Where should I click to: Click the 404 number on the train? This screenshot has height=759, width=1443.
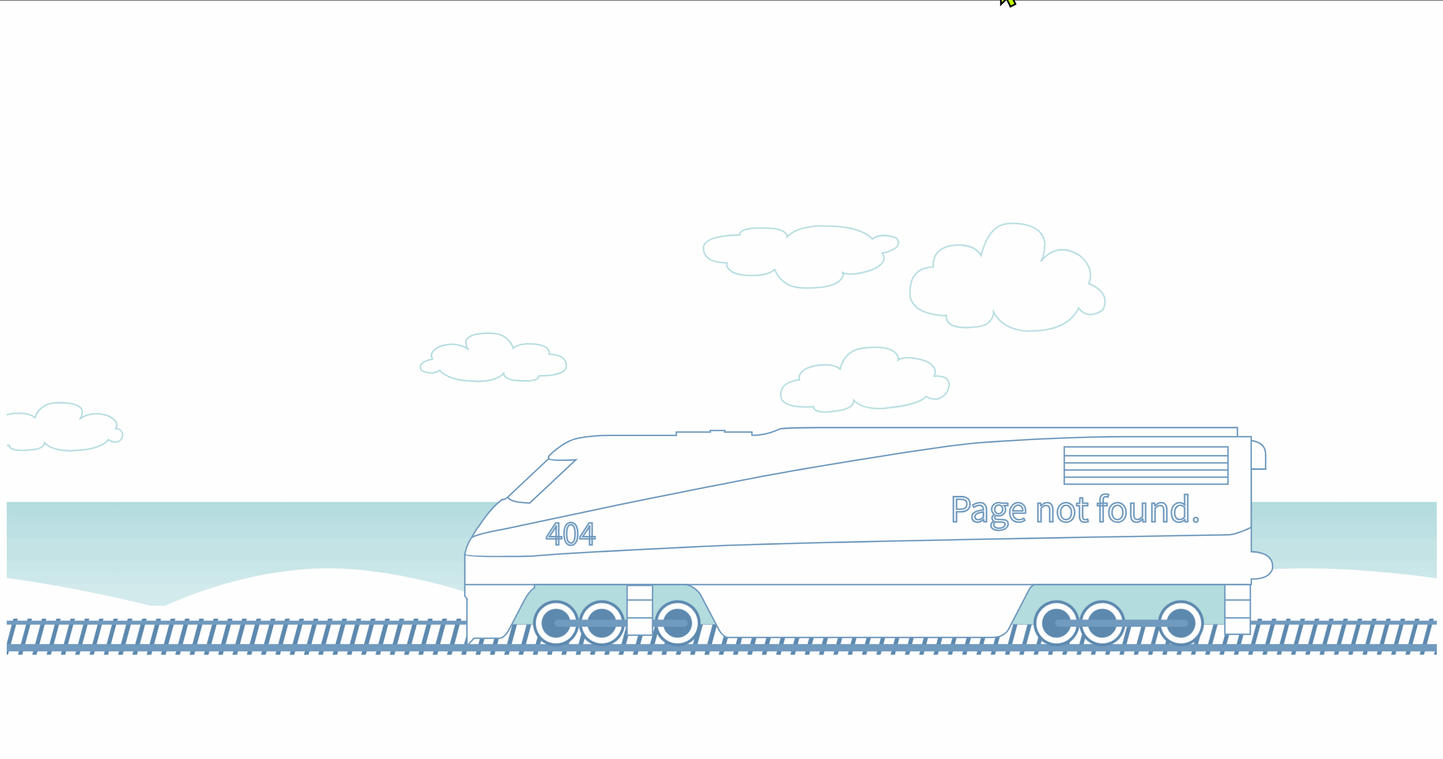pyautogui.click(x=570, y=534)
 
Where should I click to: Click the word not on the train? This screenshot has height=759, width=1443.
pyautogui.click(x=1063, y=511)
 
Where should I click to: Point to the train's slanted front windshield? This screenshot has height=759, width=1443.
pyautogui.click(x=541, y=481)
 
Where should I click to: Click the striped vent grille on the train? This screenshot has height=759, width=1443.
pyautogui.click(x=1145, y=465)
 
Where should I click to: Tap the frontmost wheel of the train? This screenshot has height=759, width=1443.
pyautogui.click(x=556, y=623)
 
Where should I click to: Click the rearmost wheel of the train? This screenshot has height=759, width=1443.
pyautogui.click(x=1180, y=623)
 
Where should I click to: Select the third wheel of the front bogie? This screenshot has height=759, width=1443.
pyautogui.click(x=677, y=623)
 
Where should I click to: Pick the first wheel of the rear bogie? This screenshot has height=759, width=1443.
pyautogui.click(x=1056, y=623)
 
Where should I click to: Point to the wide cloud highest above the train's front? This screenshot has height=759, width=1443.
pyautogui.click(x=800, y=256)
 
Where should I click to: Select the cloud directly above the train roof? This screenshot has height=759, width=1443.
pyautogui.click(x=865, y=379)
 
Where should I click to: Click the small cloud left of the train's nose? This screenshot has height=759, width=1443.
pyautogui.click(x=493, y=359)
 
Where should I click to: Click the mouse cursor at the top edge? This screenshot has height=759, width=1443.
pyautogui.click(x=1008, y=2)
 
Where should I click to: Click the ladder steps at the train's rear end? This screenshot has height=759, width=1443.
pyautogui.click(x=1237, y=609)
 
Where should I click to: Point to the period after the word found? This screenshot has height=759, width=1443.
pyautogui.click(x=1195, y=521)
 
